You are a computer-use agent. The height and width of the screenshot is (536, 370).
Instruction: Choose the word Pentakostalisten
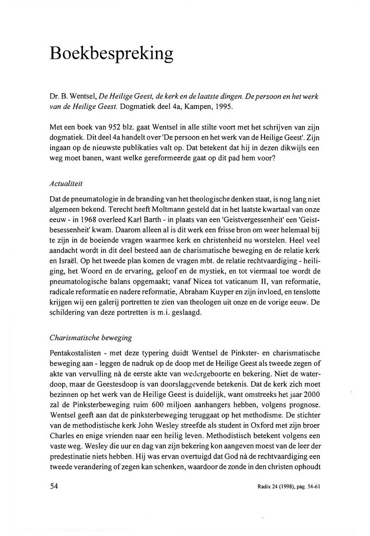point(77,353)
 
